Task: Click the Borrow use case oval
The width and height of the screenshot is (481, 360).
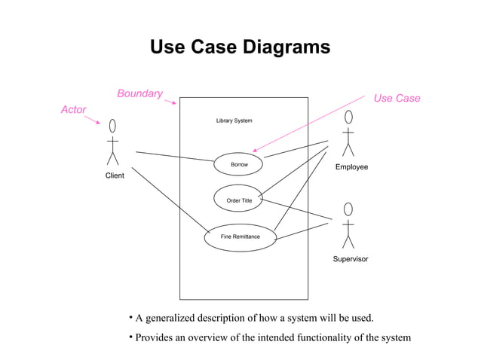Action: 238,164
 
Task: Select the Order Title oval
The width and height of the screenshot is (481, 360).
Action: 238,200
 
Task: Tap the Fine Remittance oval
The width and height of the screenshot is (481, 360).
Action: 240,237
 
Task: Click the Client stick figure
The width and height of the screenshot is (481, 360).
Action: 113,142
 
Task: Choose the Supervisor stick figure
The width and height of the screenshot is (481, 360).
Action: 348,225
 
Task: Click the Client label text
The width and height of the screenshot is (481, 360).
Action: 115,175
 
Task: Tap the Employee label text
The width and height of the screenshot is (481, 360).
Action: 351,166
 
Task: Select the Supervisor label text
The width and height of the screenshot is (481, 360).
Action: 351,259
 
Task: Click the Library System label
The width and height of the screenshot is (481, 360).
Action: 234,121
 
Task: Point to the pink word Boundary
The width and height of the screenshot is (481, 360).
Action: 139,93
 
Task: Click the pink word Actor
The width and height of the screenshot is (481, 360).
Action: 73,110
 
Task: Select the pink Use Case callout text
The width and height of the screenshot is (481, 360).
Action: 397,99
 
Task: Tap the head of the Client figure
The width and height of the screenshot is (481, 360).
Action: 113,125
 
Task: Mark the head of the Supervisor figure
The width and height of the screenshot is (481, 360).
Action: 348,208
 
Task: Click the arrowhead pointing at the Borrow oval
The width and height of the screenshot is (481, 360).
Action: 256,151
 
